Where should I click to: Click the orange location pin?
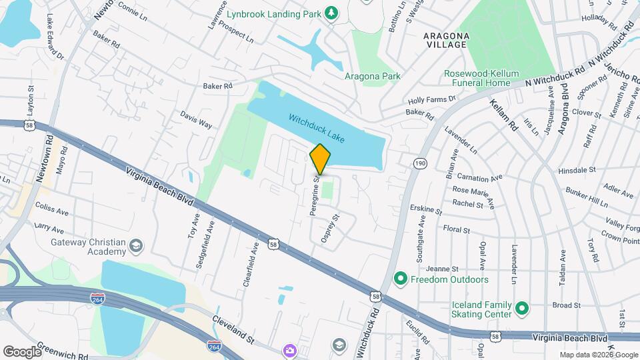click(321, 159)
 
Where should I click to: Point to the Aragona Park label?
click(373, 76)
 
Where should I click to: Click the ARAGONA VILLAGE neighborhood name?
click(446, 39)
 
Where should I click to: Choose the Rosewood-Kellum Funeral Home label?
click(481, 79)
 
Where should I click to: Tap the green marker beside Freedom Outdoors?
click(401, 279)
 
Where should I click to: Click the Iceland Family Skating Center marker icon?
click(523, 309)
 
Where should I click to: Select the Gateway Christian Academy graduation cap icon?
click(136, 247)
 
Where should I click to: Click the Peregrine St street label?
click(313, 196)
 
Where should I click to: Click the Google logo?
click(22, 351)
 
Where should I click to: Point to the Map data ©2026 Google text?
click(598, 355)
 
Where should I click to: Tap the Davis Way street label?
click(196, 120)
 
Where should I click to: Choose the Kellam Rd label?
click(503, 115)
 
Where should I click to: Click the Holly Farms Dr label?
click(432, 99)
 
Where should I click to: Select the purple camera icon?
click(289, 350)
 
